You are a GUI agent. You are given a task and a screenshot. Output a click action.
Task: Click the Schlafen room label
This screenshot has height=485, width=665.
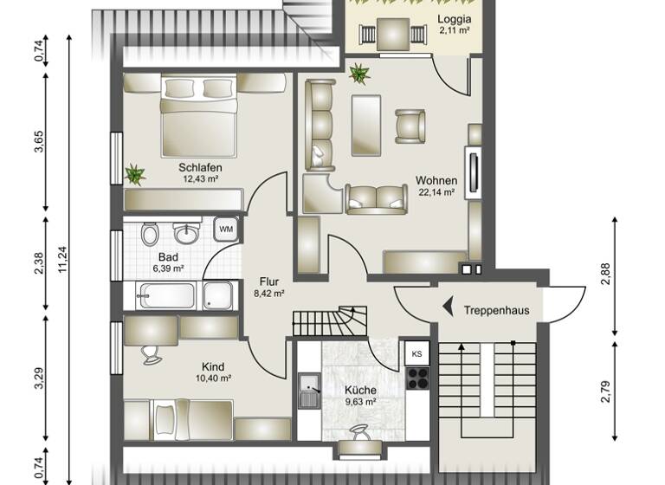pos(200,167)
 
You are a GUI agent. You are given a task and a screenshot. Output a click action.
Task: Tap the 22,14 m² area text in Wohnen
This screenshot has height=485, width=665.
pos(436,193)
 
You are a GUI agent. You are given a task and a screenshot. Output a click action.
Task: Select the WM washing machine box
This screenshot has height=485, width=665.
pos(226,230)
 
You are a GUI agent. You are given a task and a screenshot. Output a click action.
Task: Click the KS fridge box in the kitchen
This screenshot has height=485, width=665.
pos(417,353)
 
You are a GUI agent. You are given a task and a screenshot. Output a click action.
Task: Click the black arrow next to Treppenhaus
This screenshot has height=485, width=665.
pos(449,306)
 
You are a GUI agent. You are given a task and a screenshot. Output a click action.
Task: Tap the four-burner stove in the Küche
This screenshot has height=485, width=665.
pos(417,378)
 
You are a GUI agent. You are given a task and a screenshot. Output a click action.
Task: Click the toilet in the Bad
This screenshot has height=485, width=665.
pos(149,235)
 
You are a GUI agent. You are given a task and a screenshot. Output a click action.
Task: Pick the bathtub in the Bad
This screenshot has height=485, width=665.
pos(178,295)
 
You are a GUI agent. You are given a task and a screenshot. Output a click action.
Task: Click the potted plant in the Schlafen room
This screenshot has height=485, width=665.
pos(135,174)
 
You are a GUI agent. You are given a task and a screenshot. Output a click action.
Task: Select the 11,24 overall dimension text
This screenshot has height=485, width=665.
pos(61,257)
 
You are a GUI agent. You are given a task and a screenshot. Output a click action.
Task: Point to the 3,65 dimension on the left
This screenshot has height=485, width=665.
pos(38,143)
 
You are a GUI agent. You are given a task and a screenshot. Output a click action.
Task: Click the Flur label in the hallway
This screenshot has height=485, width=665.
pos(268,281)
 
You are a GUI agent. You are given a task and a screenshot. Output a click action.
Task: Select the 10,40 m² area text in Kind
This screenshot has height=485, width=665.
pos(212,378)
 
